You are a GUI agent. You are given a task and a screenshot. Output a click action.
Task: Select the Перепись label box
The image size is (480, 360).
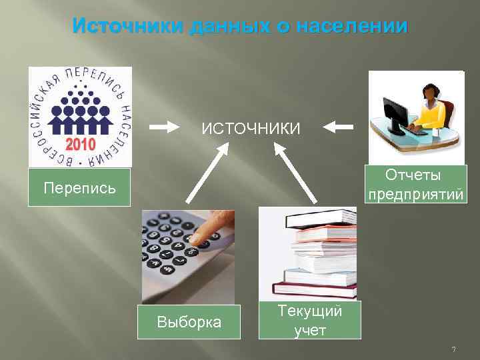tap(79, 187)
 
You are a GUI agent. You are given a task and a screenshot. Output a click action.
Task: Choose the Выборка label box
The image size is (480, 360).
tap(189, 323)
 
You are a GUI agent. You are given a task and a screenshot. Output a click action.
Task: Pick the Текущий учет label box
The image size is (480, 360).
tap(309, 320)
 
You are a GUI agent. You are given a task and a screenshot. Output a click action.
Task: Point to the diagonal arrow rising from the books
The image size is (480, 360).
tap(297, 175)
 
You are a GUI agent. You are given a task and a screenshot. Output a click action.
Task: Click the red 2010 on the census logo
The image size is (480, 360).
tap(80, 143)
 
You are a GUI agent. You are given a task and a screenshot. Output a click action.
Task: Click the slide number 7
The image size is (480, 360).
tap(453, 349)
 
